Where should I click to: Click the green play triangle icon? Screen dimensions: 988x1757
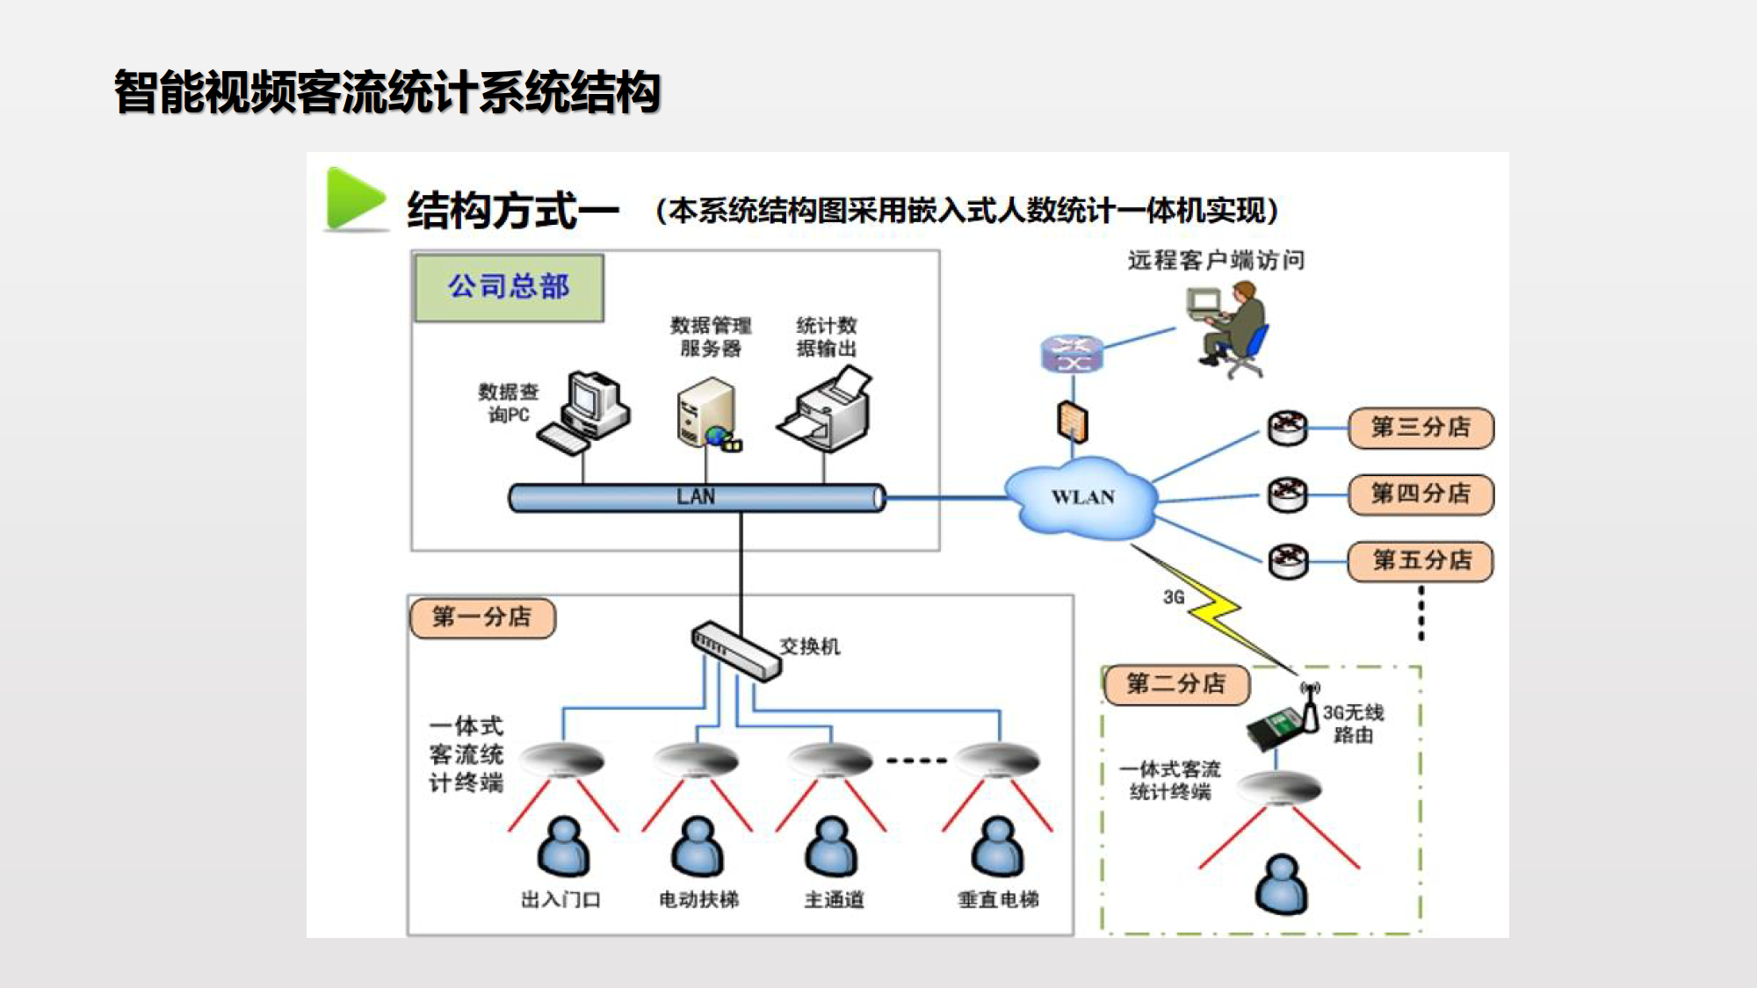tap(354, 199)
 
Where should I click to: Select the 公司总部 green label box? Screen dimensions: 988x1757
tap(509, 287)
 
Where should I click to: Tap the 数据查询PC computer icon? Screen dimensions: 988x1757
tap(586, 413)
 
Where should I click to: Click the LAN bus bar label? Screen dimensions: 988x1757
tap(696, 497)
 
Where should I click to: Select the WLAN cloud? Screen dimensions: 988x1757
tap(1082, 497)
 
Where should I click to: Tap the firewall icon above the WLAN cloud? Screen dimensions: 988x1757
tap(1072, 422)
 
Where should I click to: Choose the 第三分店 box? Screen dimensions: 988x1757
tap(1421, 428)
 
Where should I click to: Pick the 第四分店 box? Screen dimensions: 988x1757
tap(1421, 494)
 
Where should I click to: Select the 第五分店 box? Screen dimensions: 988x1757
tap(1421, 560)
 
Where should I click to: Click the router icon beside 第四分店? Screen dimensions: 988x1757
tap(1288, 494)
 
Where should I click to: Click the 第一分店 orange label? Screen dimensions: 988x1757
tap(482, 617)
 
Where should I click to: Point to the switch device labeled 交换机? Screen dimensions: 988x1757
tap(736, 651)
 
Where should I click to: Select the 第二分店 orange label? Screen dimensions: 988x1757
tap(1176, 684)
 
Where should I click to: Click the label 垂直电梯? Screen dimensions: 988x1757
tap(998, 899)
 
